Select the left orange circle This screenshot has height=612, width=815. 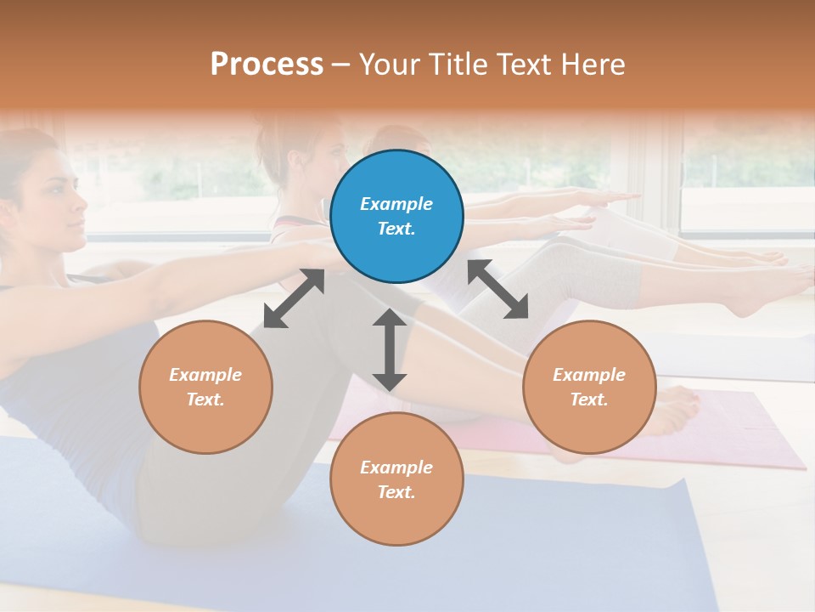(205, 387)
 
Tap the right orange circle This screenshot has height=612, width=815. (589, 387)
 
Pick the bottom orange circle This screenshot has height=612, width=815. (396, 479)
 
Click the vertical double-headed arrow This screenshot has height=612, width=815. (390, 349)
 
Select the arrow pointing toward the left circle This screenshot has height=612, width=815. (294, 298)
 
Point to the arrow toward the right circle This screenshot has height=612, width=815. (498, 289)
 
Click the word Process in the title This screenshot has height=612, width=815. (267, 64)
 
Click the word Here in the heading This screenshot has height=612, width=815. (594, 64)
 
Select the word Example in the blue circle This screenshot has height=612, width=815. (396, 204)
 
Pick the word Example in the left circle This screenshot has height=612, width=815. (205, 375)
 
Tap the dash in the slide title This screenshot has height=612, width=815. (340, 65)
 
